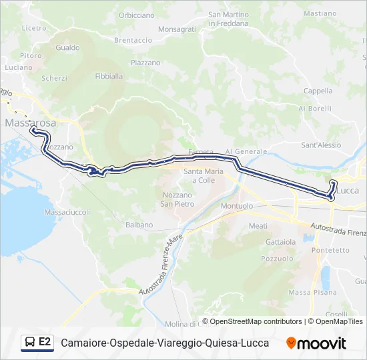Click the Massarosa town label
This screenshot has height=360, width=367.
[x=31, y=123]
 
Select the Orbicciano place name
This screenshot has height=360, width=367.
[x=136, y=15]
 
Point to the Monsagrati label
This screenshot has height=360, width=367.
[x=177, y=29]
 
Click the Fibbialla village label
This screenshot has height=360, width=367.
[x=109, y=76]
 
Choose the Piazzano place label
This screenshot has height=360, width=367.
[x=145, y=63]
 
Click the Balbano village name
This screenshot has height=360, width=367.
[x=139, y=225]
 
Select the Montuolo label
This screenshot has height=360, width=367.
[x=236, y=206]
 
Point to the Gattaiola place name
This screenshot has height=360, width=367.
[x=280, y=241]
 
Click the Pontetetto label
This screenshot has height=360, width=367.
[x=330, y=250]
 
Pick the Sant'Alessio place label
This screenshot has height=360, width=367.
[x=321, y=145]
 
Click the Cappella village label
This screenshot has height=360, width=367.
[x=318, y=91]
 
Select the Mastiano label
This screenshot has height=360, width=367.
[x=320, y=13]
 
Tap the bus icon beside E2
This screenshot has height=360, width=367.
[x=29, y=343]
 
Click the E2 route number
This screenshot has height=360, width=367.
[x=45, y=342]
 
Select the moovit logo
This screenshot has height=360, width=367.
[x=316, y=343]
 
